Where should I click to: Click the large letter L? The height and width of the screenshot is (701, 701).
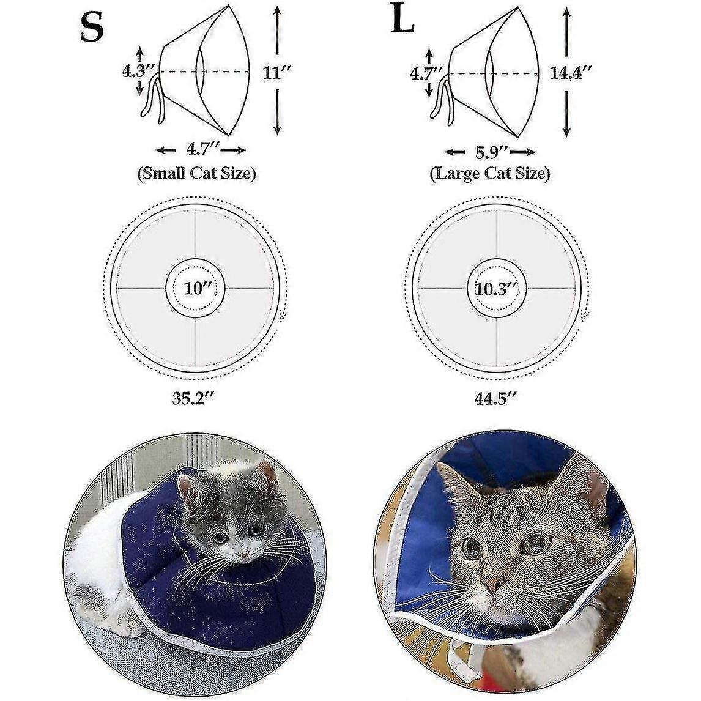402,21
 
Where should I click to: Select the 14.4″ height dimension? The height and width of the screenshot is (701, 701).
571,72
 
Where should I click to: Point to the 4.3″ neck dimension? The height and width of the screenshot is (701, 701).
138,71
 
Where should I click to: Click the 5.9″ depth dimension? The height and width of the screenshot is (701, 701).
491,152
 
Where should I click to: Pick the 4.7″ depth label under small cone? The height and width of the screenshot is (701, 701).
202,149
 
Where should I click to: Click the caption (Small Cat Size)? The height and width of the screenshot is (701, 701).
197,174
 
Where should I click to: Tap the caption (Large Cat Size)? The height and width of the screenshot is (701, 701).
490,174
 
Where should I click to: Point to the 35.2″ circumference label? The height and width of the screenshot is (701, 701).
195,398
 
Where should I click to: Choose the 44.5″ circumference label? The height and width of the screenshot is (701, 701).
496,398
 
